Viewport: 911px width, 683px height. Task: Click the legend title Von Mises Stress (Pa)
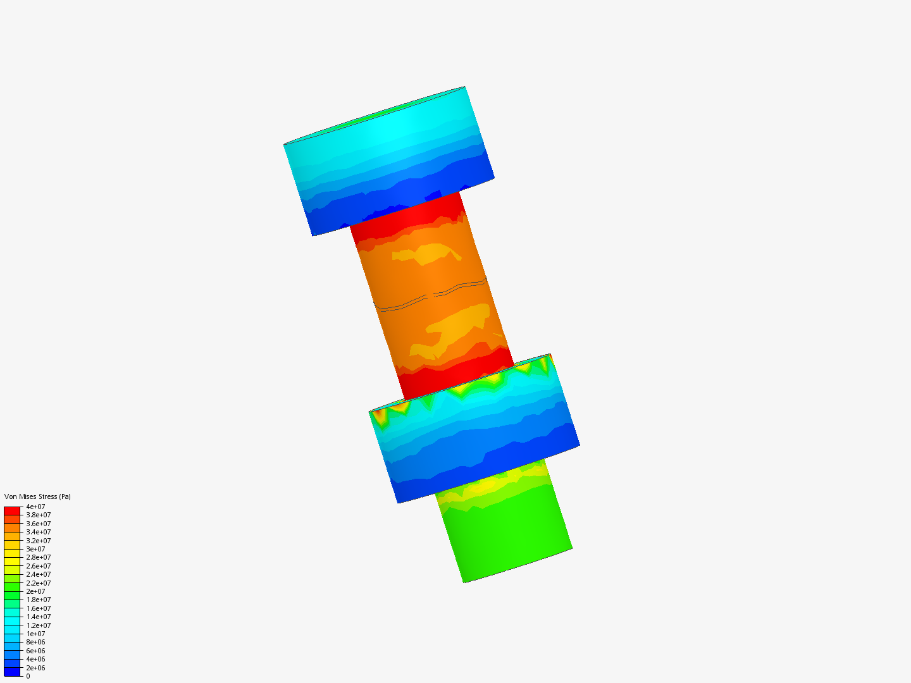click(37, 496)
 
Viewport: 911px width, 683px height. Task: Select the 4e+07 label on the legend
click(35, 507)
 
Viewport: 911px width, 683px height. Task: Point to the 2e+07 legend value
click(35, 591)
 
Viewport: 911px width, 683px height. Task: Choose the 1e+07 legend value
click(35, 634)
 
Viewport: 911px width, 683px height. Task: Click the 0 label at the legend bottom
click(28, 676)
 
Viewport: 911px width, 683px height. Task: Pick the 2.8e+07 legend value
click(38, 558)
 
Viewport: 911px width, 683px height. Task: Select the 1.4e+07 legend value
click(38, 617)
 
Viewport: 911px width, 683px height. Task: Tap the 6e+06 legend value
click(35, 651)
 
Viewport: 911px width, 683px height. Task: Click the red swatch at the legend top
click(12, 510)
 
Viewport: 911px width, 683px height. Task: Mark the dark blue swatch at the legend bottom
click(12, 672)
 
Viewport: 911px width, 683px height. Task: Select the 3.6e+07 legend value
click(38, 524)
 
